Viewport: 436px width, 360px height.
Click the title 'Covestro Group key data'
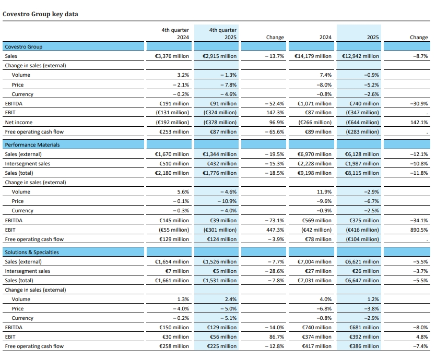click(41, 14)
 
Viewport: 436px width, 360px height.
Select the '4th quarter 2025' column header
click(216, 34)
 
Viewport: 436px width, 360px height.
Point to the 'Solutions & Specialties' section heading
click(32, 252)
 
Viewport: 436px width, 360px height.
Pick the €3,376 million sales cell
click(172, 56)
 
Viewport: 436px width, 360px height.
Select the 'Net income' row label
click(19, 123)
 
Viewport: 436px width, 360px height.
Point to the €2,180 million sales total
click(172, 173)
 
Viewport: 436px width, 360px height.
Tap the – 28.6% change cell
click(273, 271)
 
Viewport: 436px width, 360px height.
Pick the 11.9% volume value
click(323, 192)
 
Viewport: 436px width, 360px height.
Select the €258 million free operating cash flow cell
click(174, 346)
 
